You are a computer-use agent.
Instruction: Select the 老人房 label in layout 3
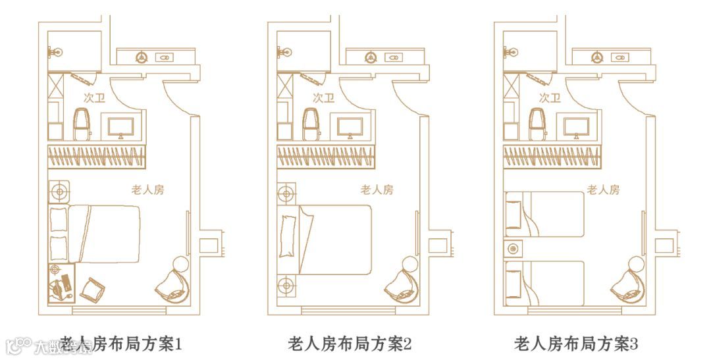(x=603, y=190)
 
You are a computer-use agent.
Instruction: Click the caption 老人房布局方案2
(x=350, y=344)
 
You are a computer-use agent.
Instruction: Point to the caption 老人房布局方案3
(x=576, y=344)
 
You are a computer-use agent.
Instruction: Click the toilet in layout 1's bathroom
(x=82, y=124)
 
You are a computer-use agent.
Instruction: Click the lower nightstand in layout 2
(x=286, y=285)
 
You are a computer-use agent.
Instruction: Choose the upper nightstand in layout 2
(x=286, y=193)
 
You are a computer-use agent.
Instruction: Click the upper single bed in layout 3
(x=545, y=214)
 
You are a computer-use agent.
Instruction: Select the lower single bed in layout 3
(x=545, y=283)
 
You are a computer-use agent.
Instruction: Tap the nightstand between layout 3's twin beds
(x=513, y=249)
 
